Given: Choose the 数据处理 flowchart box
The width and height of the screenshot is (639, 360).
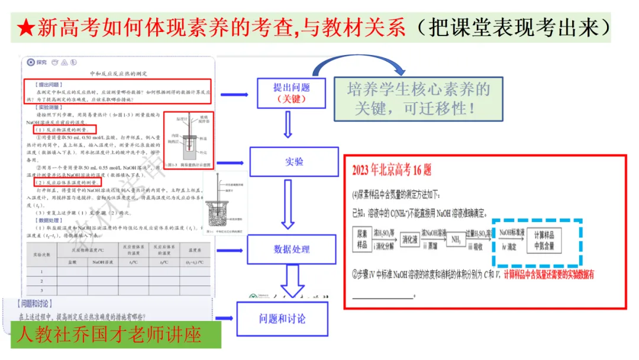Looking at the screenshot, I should tap(291, 249).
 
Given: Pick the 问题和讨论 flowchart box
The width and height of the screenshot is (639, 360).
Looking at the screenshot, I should tap(282, 319).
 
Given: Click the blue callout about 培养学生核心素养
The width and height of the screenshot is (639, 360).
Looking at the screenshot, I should tap(419, 99).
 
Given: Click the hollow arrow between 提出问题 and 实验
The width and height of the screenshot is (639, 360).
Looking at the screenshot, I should tap(289, 124).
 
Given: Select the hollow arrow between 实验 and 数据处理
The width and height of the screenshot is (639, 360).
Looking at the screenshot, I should tap(288, 204).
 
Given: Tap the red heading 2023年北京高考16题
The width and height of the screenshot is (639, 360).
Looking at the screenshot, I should tap(392, 171).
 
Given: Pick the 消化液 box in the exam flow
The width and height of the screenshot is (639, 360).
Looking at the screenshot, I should tap(410, 240).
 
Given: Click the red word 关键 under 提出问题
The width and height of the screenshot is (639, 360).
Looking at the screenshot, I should tap(291, 99).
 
